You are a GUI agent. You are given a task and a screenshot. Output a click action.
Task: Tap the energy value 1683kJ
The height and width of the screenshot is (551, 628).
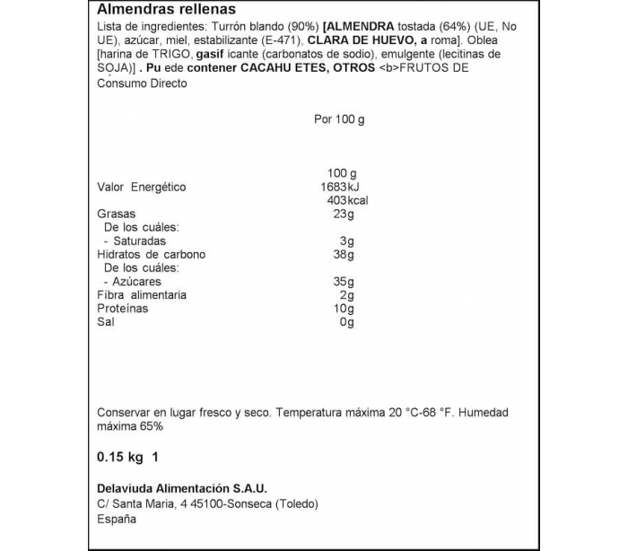click(338, 187)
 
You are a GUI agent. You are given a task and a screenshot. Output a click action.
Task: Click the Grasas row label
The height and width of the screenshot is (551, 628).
click(116, 214)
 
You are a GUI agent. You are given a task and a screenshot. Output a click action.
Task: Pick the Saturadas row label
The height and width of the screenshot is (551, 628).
click(135, 241)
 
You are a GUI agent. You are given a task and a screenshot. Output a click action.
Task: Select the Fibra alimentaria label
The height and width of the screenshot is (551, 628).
click(142, 295)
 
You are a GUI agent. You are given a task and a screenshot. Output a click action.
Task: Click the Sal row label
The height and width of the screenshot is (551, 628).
click(105, 322)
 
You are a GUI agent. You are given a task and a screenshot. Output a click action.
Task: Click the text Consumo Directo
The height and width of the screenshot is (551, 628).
click(142, 83)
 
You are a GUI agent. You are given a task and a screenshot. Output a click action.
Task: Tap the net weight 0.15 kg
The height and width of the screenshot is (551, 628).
click(120, 458)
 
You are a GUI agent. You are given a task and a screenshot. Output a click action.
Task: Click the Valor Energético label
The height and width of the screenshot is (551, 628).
click(141, 187)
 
